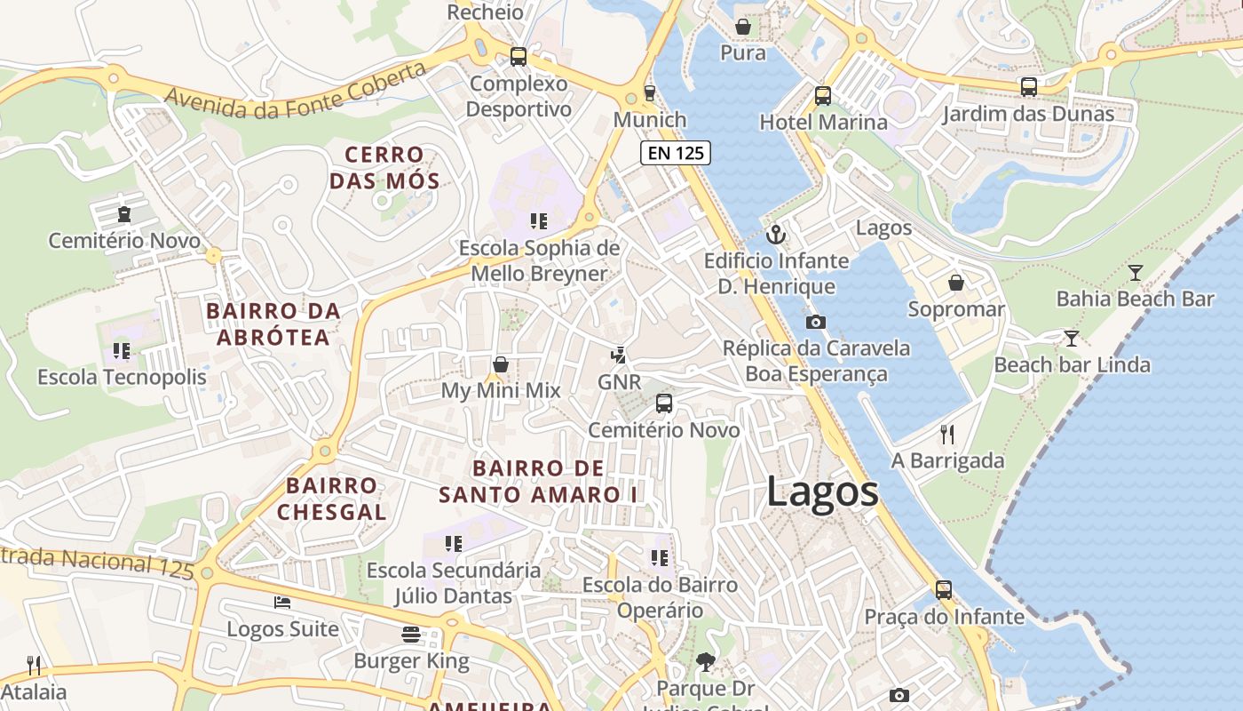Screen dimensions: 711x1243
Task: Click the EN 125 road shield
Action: point(676,153)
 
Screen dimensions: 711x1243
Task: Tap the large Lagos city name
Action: point(822,491)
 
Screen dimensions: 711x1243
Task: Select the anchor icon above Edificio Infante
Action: point(776,236)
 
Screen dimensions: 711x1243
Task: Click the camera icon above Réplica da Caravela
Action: point(815,322)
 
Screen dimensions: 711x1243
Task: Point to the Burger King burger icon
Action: point(410,635)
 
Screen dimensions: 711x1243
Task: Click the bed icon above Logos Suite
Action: point(282,603)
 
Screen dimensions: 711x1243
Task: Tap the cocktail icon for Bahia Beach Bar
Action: point(1135,273)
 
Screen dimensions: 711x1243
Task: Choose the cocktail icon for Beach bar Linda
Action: point(1072,339)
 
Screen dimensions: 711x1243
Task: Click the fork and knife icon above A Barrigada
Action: point(947,435)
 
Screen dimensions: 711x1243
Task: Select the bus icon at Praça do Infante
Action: point(943,590)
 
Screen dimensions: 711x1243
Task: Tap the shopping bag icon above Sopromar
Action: point(956,284)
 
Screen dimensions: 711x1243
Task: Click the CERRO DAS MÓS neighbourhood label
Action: point(384,168)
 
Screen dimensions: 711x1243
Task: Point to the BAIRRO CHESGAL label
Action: point(331,499)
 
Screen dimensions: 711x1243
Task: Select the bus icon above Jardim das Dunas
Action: point(1028,87)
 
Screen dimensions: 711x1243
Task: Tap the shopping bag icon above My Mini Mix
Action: point(501,364)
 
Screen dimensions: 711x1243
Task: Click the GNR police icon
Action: point(618,355)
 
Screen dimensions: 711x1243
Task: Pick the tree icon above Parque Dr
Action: point(706,662)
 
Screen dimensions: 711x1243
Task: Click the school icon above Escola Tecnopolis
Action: point(122,351)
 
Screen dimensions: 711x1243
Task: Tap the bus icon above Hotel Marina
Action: point(823,96)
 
